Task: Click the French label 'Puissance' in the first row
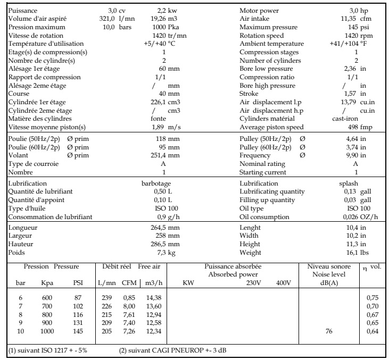[x=23, y=11]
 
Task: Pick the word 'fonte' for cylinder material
[x=159, y=119]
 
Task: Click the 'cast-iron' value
[x=344, y=119]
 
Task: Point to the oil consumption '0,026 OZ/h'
[x=360, y=216]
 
